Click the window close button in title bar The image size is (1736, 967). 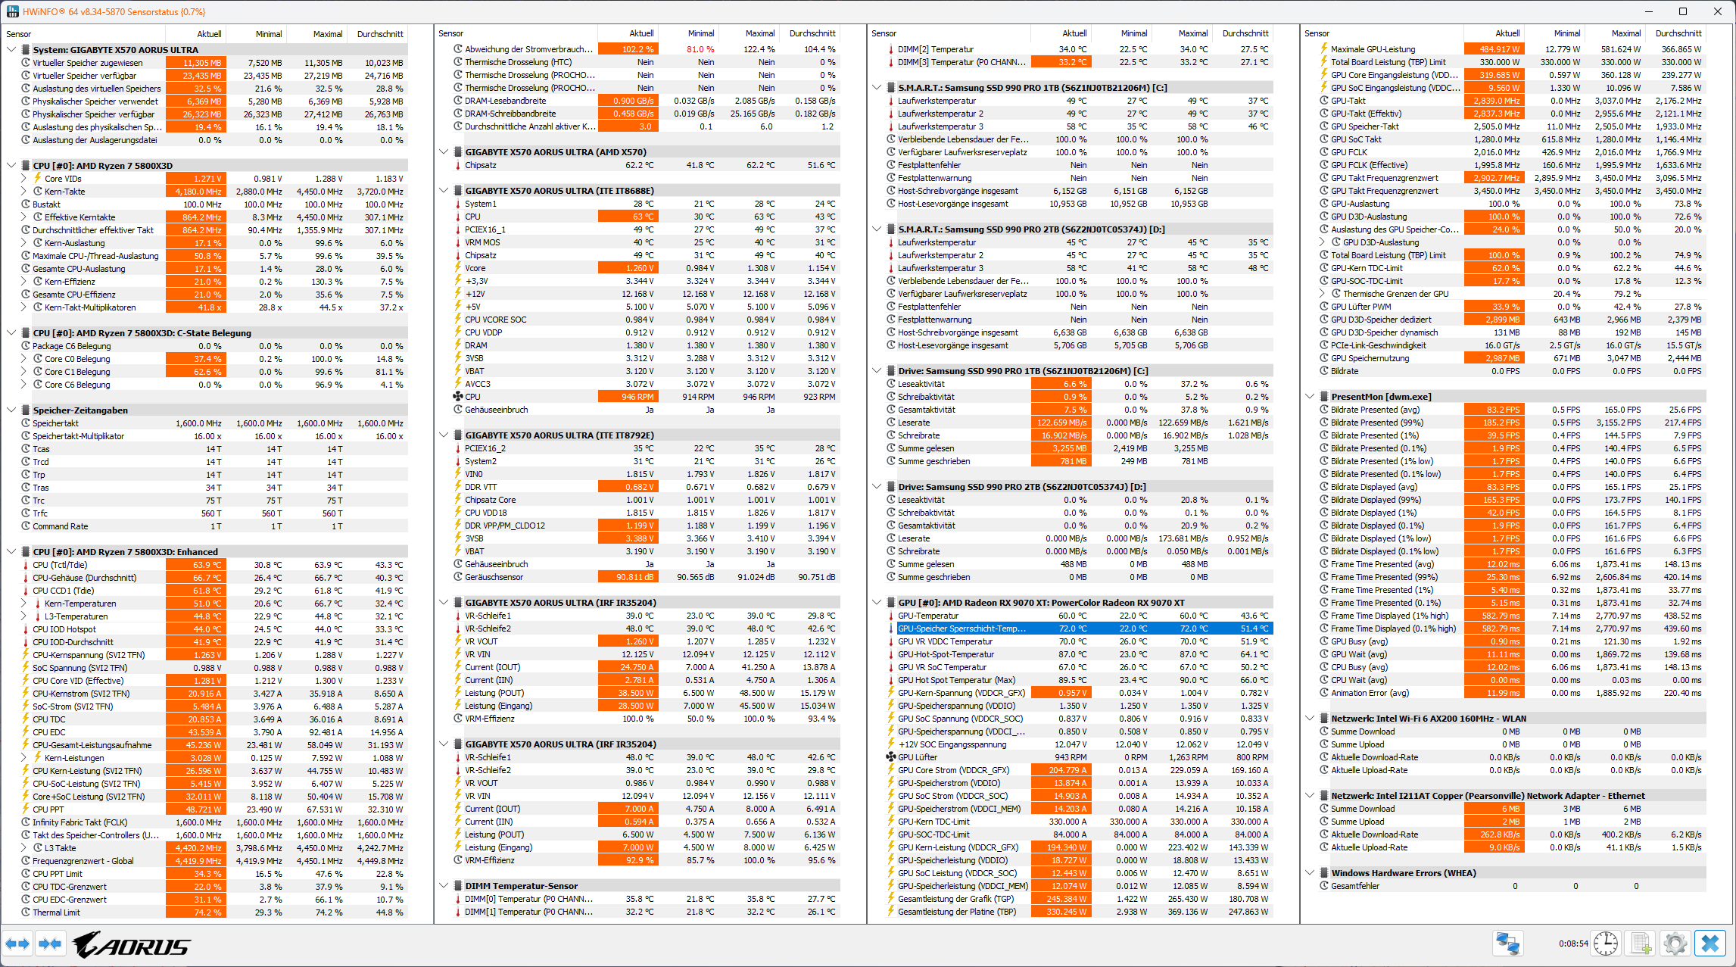click(1717, 11)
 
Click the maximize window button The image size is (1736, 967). click(1682, 11)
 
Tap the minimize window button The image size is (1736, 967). click(1648, 11)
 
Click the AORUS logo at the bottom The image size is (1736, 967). click(132, 944)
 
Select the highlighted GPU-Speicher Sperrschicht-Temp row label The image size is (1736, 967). click(962, 629)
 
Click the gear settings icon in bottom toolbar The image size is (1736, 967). click(1675, 944)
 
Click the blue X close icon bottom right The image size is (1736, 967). click(1710, 944)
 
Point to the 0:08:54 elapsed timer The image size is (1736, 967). click(1572, 944)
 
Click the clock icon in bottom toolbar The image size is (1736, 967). click(1606, 944)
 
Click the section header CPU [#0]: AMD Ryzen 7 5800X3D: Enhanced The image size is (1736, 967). click(125, 552)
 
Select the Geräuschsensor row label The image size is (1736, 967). click(494, 577)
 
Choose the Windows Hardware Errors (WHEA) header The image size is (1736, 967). click(1403, 873)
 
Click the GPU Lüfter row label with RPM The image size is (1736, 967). click(918, 757)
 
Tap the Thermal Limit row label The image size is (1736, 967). click(56, 912)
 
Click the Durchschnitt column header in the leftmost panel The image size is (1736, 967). click(379, 34)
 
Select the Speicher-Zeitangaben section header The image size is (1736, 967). click(80, 410)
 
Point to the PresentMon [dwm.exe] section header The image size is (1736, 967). click(1381, 397)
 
